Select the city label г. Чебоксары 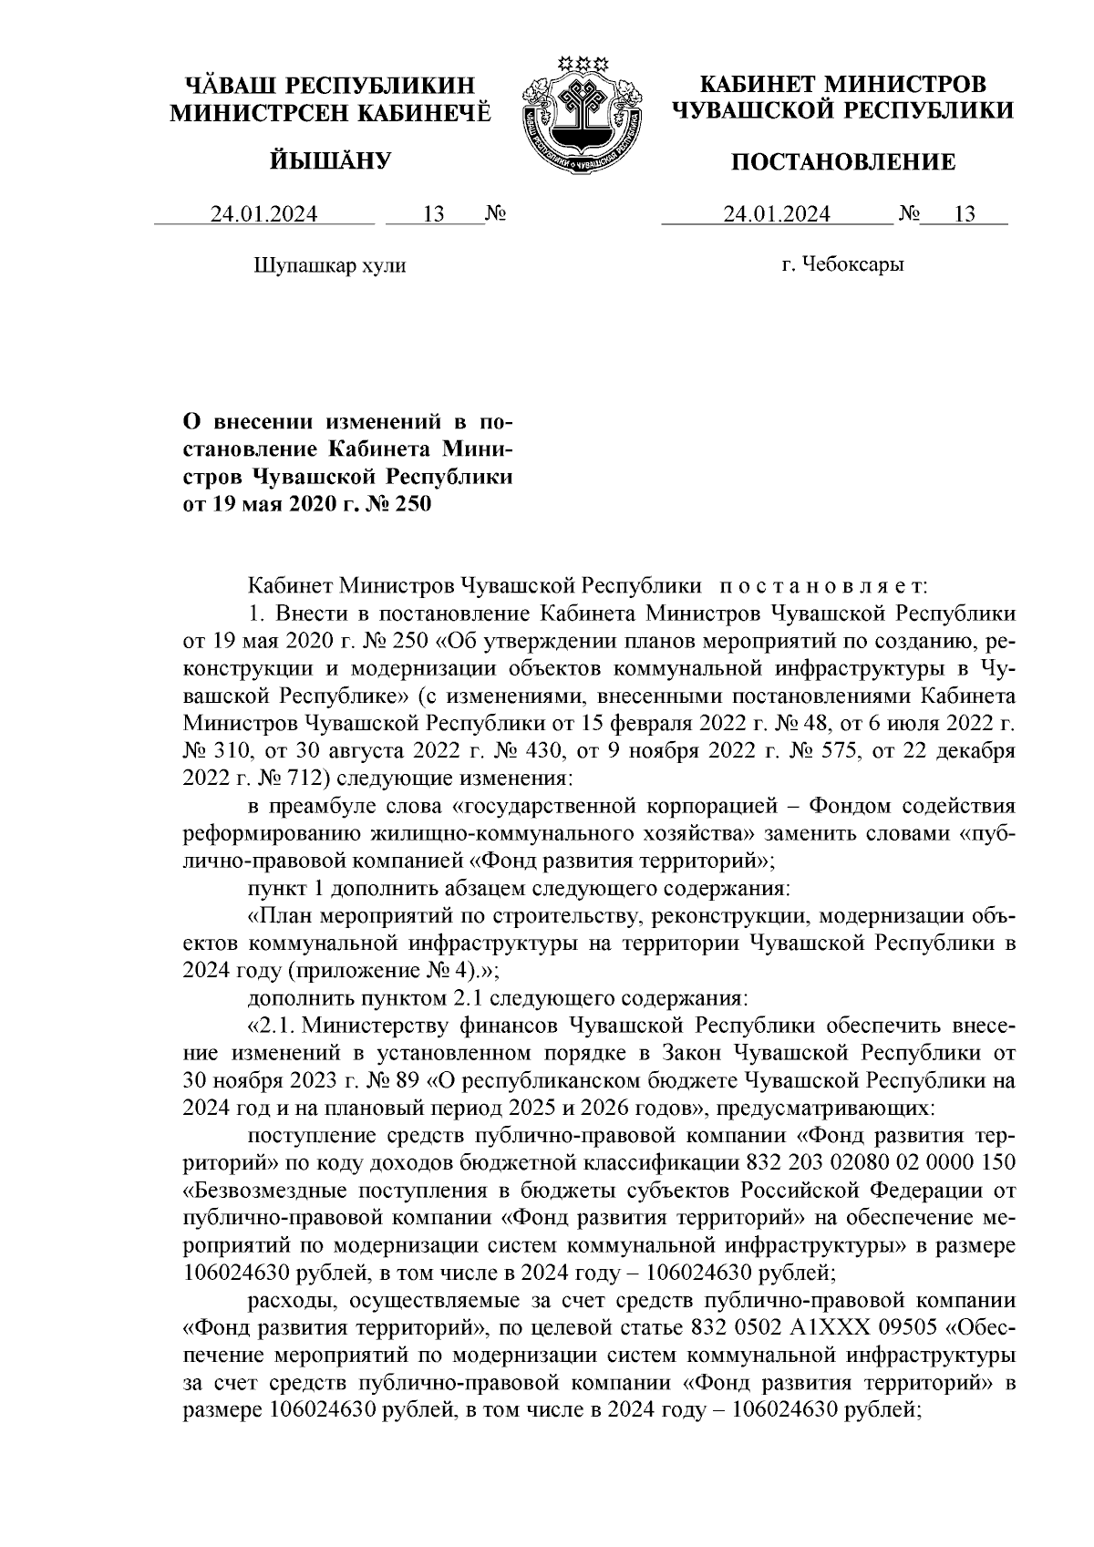point(842,265)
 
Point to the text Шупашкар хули point(328,266)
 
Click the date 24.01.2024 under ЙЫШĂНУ point(264,215)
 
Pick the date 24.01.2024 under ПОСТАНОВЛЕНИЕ point(777,215)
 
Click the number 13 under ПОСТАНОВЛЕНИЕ point(964,215)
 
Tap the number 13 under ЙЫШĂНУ point(433,215)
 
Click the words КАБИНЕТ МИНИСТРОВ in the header point(841,85)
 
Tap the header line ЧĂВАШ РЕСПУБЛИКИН point(331,86)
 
